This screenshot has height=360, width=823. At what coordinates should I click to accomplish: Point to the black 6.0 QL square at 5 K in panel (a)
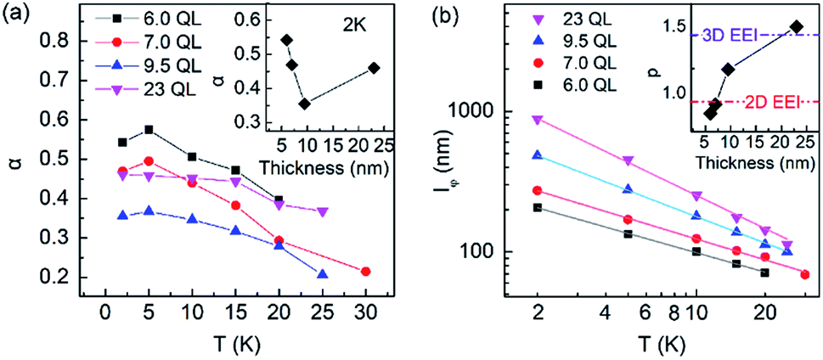[149, 130]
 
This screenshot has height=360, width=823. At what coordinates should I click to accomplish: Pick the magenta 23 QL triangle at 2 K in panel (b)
[537, 120]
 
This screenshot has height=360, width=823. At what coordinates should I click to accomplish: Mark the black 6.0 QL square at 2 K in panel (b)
[537, 207]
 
